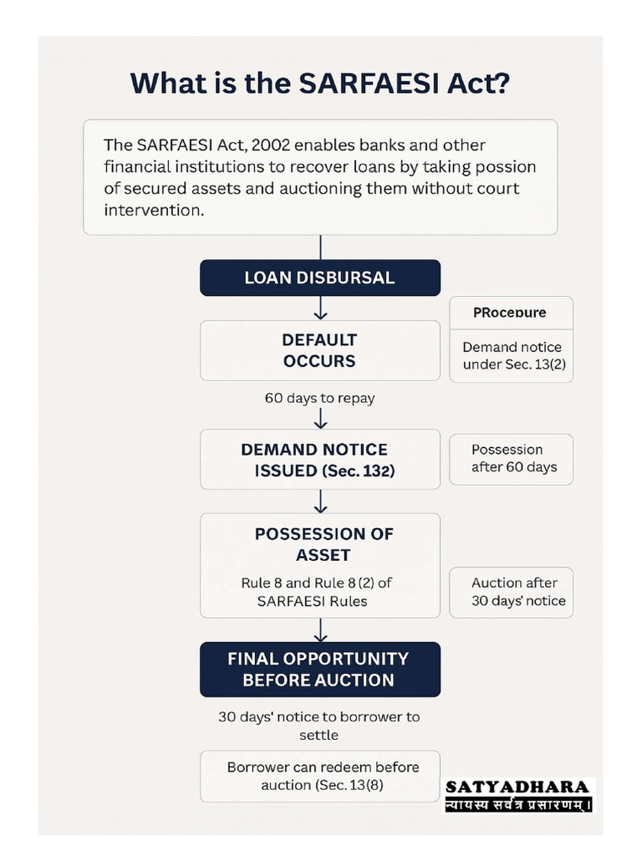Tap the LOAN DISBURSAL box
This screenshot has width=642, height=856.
pos(319,278)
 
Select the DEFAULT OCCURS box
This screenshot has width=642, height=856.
pos(319,350)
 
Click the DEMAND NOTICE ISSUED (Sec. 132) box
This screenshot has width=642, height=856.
pos(319,460)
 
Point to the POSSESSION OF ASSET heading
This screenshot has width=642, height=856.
pos(323,544)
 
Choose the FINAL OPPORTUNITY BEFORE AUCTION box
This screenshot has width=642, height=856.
pos(319,669)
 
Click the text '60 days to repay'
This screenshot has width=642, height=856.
pos(319,398)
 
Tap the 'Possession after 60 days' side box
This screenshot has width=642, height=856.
pos(512,459)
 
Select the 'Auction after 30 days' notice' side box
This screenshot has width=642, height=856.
pos(512,592)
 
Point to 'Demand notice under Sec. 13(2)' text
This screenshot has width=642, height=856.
pos(512,355)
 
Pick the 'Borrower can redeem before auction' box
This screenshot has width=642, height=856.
pos(323,776)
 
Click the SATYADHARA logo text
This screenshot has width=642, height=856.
pos(517,787)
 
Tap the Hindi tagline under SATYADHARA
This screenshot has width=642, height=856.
pos(517,805)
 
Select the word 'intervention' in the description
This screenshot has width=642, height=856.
pos(153,210)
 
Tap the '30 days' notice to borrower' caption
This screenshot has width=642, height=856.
pos(319,717)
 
